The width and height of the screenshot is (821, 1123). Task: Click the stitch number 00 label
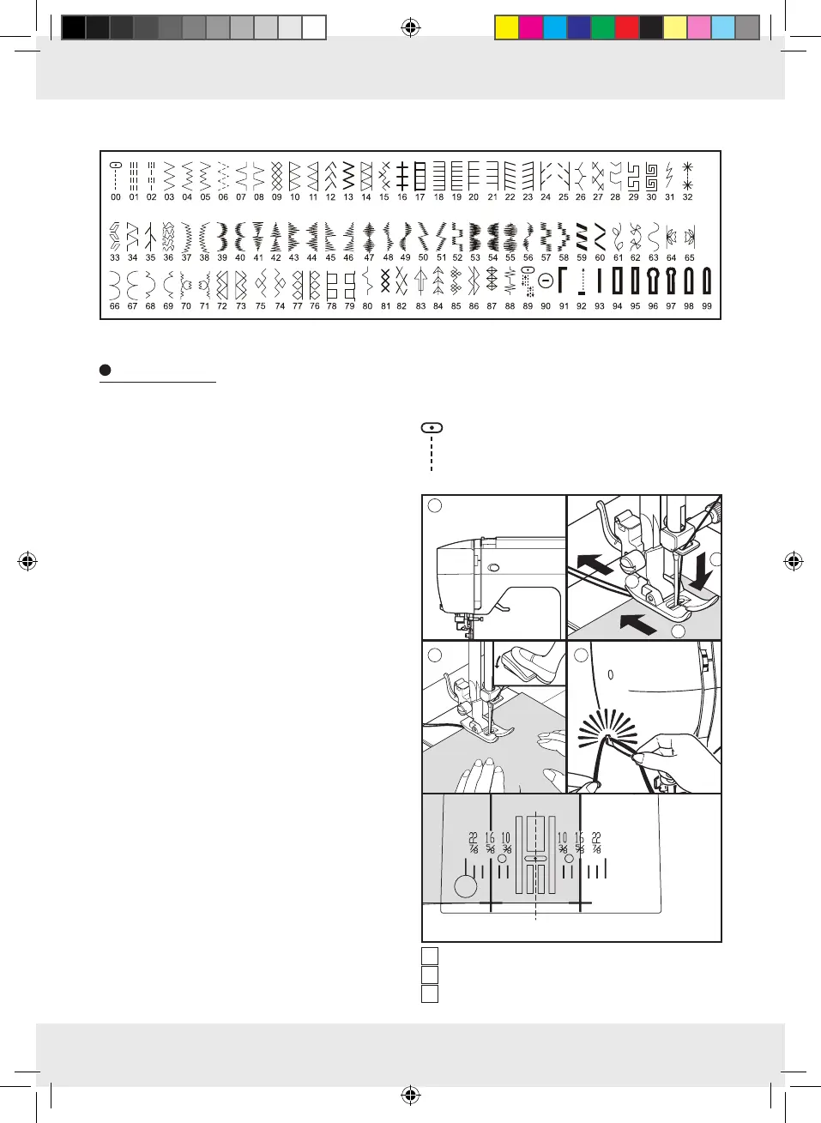coord(116,197)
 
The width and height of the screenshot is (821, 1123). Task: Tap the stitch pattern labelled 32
coord(687,174)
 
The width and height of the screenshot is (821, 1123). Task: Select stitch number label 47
coord(369,257)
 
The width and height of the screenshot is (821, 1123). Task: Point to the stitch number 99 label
coord(707,306)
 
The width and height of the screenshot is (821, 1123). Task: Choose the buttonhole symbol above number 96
coord(653,281)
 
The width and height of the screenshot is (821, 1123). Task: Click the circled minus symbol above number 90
coord(546,281)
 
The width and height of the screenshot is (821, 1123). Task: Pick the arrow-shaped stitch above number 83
coord(420,281)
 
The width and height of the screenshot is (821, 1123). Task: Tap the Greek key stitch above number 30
coord(651,175)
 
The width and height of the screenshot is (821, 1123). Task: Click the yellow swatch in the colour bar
coord(507,28)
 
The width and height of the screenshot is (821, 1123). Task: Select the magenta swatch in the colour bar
coord(531,28)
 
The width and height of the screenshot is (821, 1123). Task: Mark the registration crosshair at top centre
coord(410,28)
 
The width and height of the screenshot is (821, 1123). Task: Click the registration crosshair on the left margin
coord(27,562)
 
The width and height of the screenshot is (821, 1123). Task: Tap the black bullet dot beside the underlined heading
coord(106,371)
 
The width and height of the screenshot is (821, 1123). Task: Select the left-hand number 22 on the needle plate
coord(473,838)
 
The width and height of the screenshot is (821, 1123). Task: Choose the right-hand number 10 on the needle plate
coord(563,838)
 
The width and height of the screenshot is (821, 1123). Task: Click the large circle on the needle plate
coord(466,885)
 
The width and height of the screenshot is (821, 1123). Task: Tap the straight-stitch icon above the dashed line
coord(432,427)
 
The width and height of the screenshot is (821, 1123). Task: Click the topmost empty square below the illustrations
coord(430,956)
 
